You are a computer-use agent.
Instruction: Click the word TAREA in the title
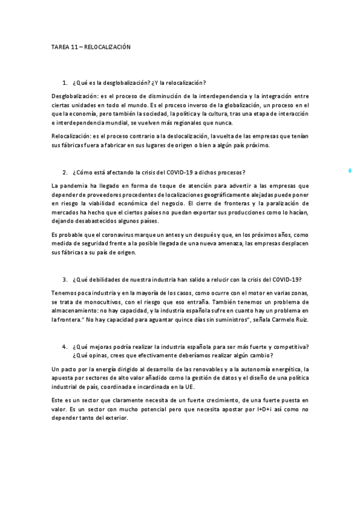(x=59, y=46)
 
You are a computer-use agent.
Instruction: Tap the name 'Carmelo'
(x=280, y=319)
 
